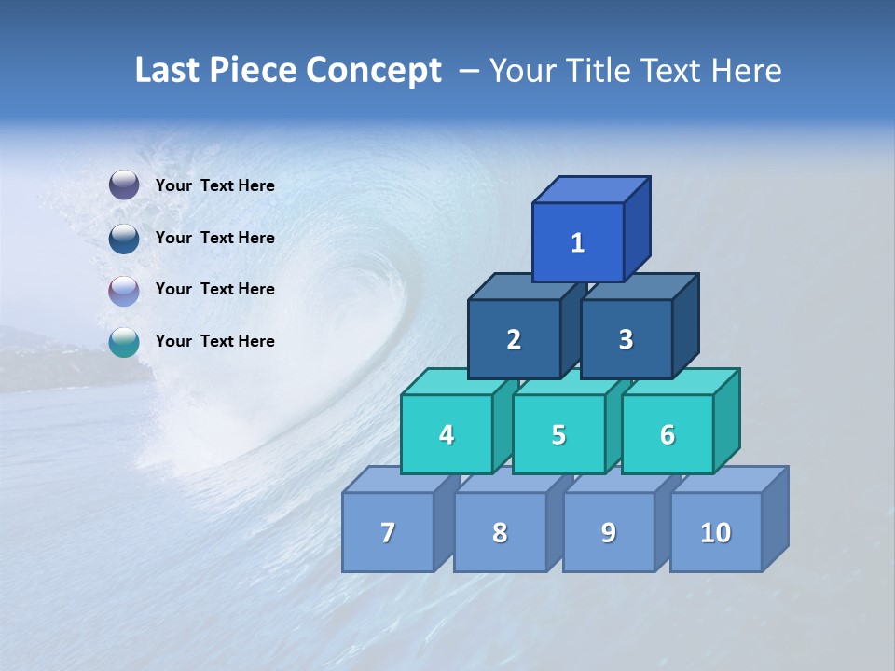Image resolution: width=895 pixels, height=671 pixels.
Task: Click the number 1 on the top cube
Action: point(578,243)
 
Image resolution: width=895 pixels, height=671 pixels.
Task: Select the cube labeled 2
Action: point(514,340)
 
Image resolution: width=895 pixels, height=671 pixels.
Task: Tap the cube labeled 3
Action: point(626,340)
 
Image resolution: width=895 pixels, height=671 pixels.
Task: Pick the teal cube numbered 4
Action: point(447,435)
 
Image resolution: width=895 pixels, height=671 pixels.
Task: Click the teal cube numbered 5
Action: point(558,435)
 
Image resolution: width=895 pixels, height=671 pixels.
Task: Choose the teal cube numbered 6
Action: point(668,435)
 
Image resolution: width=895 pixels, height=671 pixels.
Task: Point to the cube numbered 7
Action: point(388,533)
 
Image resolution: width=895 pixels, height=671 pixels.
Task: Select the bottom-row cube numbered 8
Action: point(500,533)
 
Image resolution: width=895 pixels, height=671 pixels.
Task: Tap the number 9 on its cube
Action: point(608,533)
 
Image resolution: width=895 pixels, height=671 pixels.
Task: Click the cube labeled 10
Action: point(715,533)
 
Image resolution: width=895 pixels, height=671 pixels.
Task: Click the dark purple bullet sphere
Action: point(124,185)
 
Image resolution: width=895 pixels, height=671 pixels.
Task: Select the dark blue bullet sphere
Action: point(124,239)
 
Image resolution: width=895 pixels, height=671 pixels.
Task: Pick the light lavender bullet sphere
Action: point(124,291)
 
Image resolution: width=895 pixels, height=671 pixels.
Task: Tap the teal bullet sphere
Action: point(124,343)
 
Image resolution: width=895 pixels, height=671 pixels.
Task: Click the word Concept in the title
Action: point(374,71)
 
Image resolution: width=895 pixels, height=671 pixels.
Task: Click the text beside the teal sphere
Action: point(215,341)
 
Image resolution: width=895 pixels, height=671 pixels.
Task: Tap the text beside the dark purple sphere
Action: point(215,185)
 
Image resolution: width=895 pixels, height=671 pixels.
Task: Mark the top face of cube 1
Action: point(590,189)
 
